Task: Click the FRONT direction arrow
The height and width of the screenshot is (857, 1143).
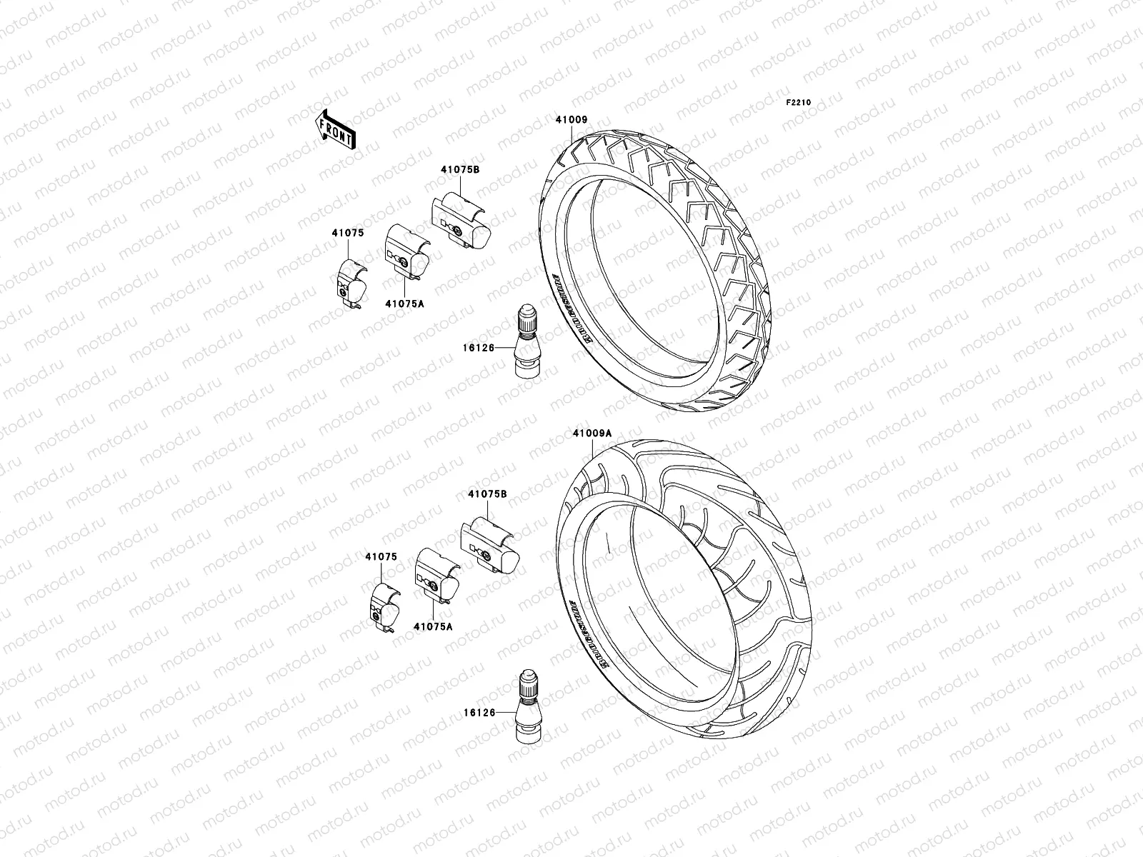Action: tap(336, 129)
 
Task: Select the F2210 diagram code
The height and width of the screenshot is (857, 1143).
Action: tap(799, 103)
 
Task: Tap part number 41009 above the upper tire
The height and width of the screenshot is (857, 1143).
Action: tap(571, 120)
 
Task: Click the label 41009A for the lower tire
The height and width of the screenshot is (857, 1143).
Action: tap(592, 433)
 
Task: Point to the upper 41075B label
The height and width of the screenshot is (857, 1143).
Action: tap(459, 169)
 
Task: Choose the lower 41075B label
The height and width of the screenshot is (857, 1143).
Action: tap(488, 493)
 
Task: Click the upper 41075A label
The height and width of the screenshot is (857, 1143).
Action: tap(404, 304)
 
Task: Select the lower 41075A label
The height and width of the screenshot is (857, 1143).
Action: tap(433, 626)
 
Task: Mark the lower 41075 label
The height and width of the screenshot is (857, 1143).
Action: tap(381, 556)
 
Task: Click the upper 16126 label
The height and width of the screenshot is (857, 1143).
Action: tap(478, 348)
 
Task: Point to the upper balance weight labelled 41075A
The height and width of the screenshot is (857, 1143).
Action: tap(406, 251)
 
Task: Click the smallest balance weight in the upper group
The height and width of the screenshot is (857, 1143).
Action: tap(351, 284)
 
